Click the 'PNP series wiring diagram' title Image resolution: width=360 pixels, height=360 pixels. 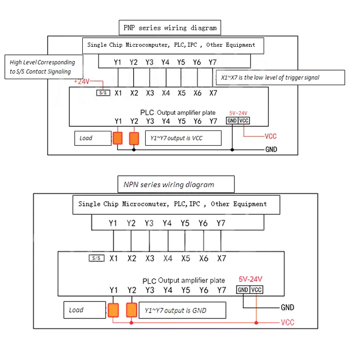click(x=170, y=28)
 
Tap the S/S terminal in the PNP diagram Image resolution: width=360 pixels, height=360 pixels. click(x=103, y=93)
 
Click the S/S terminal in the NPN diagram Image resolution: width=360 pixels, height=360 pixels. click(x=97, y=258)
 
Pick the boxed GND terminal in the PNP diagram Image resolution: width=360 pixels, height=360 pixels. click(x=232, y=121)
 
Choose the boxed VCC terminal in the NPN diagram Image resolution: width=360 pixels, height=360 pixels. click(x=256, y=290)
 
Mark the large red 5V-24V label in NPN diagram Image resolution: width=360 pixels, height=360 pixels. click(x=251, y=279)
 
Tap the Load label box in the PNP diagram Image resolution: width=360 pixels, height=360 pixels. click(x=93, y=138)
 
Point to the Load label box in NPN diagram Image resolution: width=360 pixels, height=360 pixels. click(x=84, y=310)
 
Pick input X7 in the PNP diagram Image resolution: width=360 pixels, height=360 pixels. click(x=213, y=93)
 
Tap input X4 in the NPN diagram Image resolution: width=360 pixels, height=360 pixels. click(x=167, y=258)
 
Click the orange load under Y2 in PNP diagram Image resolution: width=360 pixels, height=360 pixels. click(x=134, y=138)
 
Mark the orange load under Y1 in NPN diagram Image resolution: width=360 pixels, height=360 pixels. click(x=113, y=310)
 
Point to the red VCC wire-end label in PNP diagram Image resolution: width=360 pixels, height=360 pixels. click(x=270, y=136)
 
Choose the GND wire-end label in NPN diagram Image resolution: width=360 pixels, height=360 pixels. click(x=287, y=308)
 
